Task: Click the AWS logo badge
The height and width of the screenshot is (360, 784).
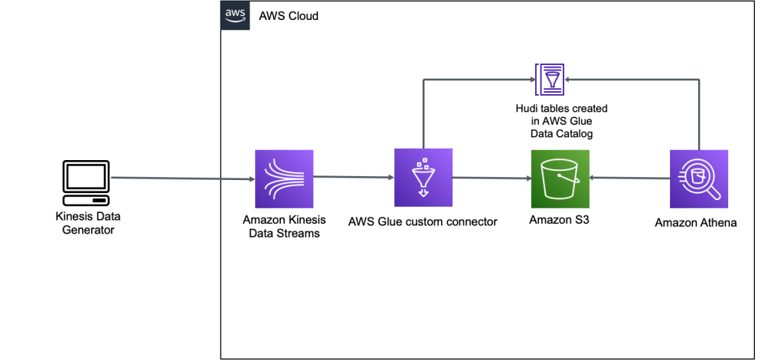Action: pos(235,15)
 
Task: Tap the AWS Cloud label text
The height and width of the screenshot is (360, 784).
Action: pos(289,15)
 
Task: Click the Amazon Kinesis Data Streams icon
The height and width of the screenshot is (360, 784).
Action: pos(284,178)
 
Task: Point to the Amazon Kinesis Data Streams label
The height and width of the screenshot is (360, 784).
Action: pos(284,227)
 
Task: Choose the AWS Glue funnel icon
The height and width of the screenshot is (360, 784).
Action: pos(423,178)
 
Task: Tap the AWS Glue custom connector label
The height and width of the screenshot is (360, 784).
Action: pos(423,222)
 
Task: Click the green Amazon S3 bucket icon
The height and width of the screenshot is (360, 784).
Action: pos(560,178)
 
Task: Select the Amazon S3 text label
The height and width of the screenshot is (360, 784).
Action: pos(559,221)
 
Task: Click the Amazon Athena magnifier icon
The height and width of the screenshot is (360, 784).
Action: pos(699,178)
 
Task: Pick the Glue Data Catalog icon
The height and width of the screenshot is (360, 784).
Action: pos(548,77)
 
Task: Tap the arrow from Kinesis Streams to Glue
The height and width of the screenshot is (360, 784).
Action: pos(354,179)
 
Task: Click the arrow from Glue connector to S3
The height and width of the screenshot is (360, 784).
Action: pos(492,179)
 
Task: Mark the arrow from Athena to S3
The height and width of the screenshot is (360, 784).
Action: pos(629,179)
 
